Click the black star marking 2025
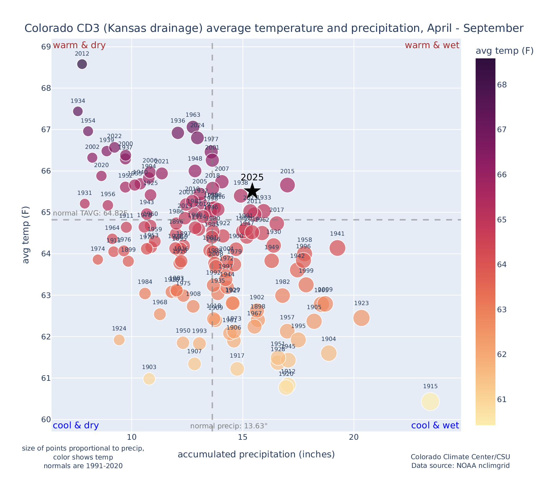click(x=252, y=191)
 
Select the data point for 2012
click(x=82, y=64)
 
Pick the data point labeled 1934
click(x=78, y=111)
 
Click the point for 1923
click(x=361, y=318)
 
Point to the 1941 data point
click(x=337, y=248)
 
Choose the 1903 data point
click(x=149, y=379)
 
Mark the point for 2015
click(x=287, y=185)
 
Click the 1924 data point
click(x=119, y=340)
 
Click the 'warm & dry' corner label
click(x=79, y=45)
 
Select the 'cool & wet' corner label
click(x=435, y=426)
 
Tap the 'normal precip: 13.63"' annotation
click(x=229, y=426)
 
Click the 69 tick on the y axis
click(x=46, y=47)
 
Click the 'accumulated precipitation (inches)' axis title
click(x=256, y=454)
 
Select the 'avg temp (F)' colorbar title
click(x=504, y=51)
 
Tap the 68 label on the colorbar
click(x=502, y=85)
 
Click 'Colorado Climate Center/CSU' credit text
click(x=460, y=457)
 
